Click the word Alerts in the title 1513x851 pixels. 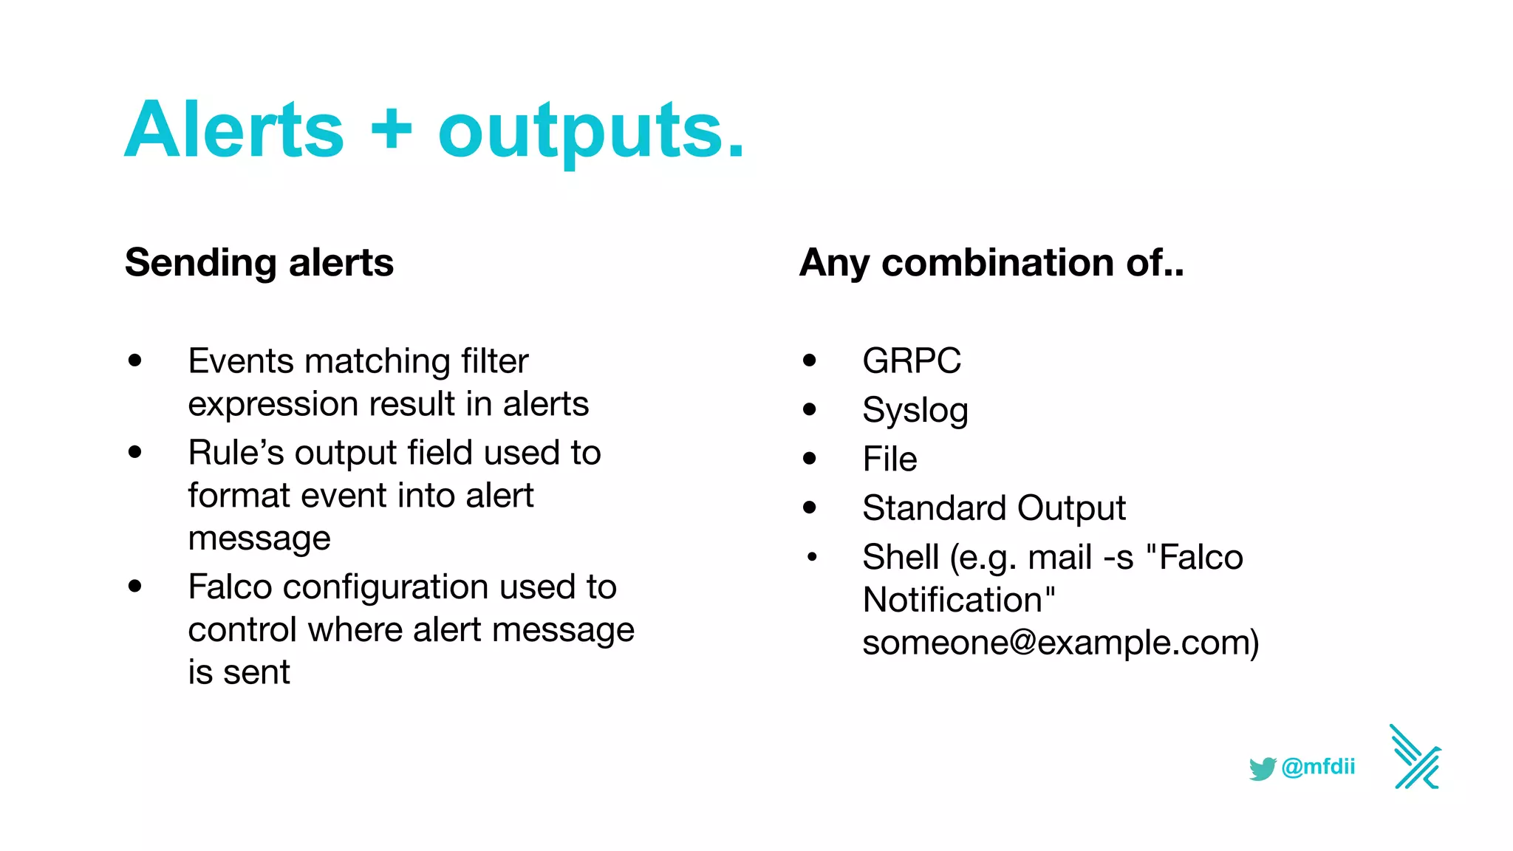coord(234,131)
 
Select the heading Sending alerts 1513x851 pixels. coord(259,263)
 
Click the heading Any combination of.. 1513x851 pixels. coord(991,263)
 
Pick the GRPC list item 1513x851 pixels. coord(911,361)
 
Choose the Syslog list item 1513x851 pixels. coord(915,411)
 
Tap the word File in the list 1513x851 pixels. coord(889,459)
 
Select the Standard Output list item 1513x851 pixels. coord(994,508)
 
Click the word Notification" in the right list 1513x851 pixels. coord(959,600)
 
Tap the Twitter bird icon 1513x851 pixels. coord(1263,768)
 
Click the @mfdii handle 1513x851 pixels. coord(1319,767)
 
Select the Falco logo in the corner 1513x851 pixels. coord(1415,757)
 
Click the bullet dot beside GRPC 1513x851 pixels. coord(810,360)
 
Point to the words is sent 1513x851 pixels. coord(239,673)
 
